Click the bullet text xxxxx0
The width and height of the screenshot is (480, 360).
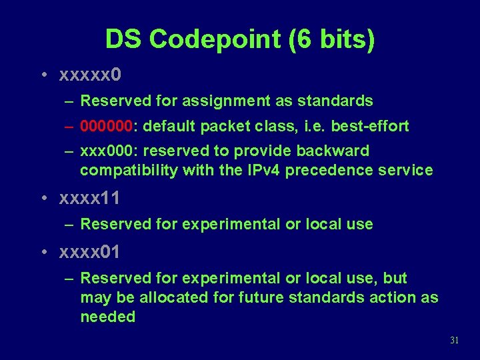click(x=90, y=75)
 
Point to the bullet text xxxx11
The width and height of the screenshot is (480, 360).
click(x=90, y=198)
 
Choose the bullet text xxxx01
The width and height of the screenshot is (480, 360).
click(x=90, y=252)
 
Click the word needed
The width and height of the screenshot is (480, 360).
click(x=107, y=317)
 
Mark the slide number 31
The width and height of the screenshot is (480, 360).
click(x=455, y=340)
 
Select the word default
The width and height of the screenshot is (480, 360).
click(x=166, y=126)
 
